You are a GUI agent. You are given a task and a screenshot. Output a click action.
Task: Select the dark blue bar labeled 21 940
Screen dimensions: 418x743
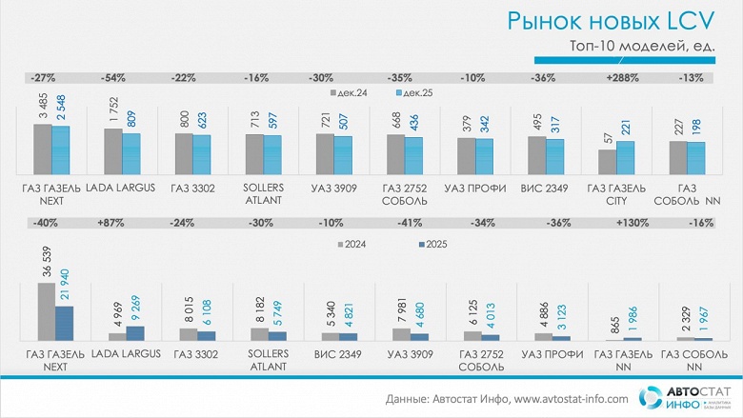pyautogui.click(x=65, y=323)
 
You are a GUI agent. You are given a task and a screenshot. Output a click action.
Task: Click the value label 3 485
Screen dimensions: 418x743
pyautogui.click(x=44, y=106)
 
